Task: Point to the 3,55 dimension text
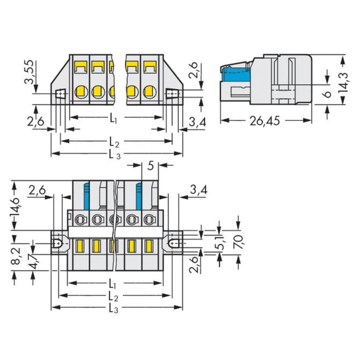pos(30,72)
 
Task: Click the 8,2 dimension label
pos(15,256)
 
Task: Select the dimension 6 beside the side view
pos(327,94)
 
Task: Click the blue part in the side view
pos(235,75)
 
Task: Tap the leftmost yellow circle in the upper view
pos(81,92)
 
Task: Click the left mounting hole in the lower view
pos(57,243)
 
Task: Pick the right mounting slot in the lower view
pos(174,244)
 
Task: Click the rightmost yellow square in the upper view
pos(150,66)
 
